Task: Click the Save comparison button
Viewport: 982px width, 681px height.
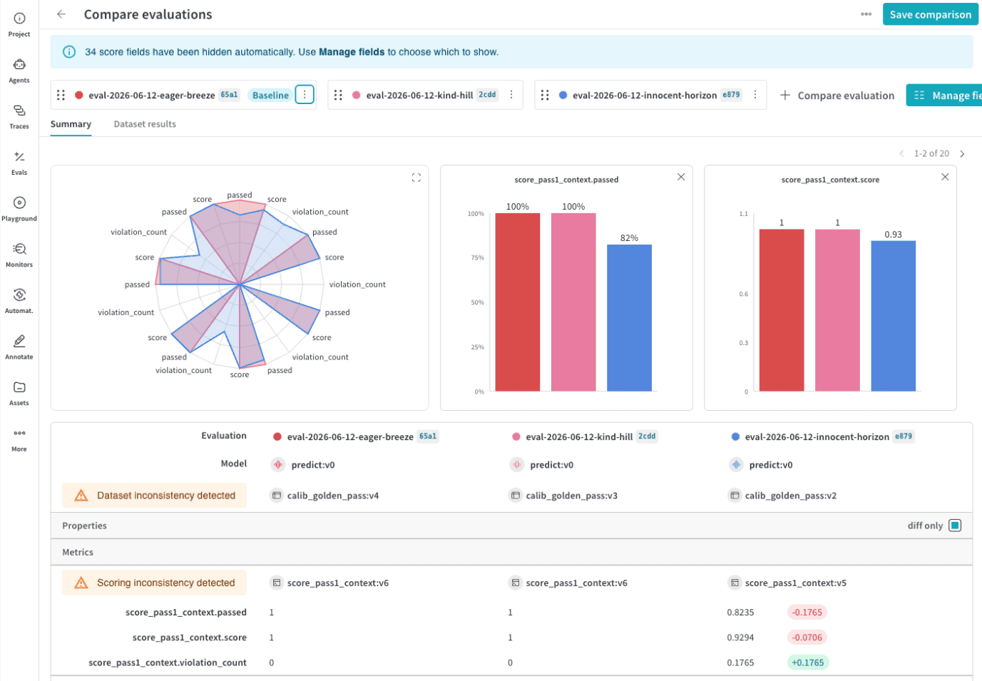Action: pyautogui.click(x=930, y=14)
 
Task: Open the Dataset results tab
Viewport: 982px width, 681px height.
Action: pyautogui.click(x=145, y=124)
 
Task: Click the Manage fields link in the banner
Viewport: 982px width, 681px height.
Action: pyautogui.click(x=352, y=52)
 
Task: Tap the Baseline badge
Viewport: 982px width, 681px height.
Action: pyautogui.click(x=270, y=95)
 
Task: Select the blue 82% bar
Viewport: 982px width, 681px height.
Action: pyautogui.click(x=629, y=318)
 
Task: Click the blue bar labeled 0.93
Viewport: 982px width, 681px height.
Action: pyautogui.click(x=893, y=315)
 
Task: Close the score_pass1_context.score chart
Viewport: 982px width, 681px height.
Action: pyautogui.click(x=945, y=177)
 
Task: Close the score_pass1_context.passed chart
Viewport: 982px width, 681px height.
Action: pyautogui.click(x=681, y=177)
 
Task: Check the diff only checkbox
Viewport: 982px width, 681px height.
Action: pyautogui.click(x=955, y=526)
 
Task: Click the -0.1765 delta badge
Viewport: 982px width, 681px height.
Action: pyautogui.click(x=807, y=613)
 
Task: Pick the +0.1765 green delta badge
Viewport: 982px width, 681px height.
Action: pyautogui.click(x=807, y=662)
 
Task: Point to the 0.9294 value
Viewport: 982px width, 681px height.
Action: pyautogui.click(x=740, y=638)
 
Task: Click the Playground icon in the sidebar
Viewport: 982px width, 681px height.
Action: pyautogui.click(x=19, y=203)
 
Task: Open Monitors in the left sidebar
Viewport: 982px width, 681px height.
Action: pyautogui.click(x=19, y=255)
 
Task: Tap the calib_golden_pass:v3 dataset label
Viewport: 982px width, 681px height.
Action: pyautogui.click(x=571, y=496)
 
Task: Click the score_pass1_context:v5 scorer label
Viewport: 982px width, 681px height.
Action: pyautogui.click(x=795, y=583)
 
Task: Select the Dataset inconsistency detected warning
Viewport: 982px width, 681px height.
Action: pyautogui.click(x=154, y=495)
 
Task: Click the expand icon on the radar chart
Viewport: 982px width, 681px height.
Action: pyautogui.click(x=416, y=178)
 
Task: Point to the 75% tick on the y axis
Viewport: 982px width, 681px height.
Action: pyautogui.click(x=477, y=257)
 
